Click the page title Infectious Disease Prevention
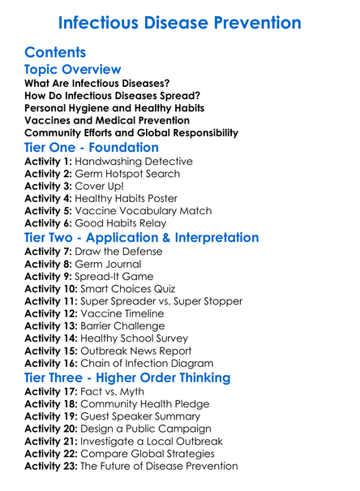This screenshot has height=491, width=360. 180,21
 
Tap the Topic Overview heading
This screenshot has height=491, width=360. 73,71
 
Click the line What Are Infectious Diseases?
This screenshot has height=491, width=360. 96,84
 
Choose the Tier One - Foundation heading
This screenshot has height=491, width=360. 92,148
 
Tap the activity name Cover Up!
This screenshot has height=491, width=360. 102,186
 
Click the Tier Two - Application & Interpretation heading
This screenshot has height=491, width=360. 142,238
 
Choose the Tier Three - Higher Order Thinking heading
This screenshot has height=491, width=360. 127,378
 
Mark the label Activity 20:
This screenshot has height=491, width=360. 52,429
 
